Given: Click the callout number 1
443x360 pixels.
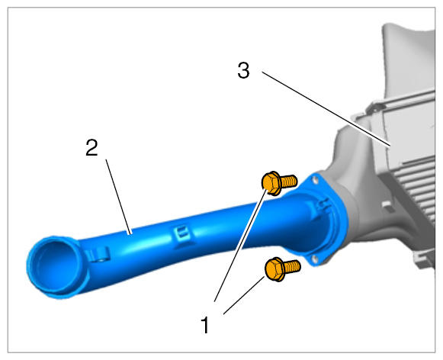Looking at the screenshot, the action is [205, 325].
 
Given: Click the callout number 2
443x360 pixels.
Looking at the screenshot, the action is [91, 147].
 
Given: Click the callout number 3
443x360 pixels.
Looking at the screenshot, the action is [243, 70].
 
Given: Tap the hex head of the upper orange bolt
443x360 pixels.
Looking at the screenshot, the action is [271, 183].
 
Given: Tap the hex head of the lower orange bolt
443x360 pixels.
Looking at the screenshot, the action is [274, 269].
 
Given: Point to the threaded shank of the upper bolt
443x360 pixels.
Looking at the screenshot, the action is [288, 181].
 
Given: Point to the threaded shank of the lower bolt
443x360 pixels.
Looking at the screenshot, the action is [292, 266].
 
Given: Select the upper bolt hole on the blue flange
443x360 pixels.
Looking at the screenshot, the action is [314, 179].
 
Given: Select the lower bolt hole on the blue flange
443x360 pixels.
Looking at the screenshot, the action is [314, 259].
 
